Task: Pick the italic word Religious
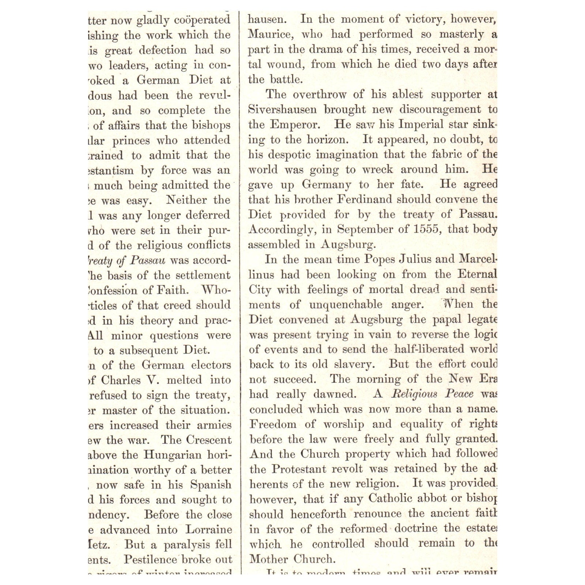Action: pos(414,394)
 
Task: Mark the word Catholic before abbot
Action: pos(390,499)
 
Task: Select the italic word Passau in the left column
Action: pos(148,260)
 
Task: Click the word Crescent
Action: pos(209,439)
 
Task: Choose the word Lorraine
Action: pos(208,529)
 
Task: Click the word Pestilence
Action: pos(150,559)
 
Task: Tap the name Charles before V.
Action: pos(121,380)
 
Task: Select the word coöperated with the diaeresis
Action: pos(202,20)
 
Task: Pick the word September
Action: pos(360,229)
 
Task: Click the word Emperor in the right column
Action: pos(295,124)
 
